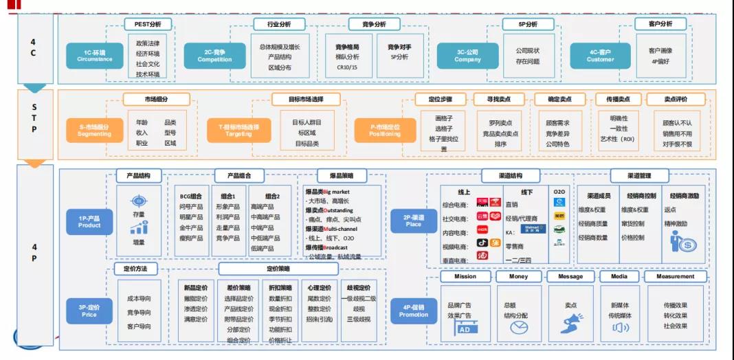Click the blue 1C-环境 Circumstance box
(x=95, y=56)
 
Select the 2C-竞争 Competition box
(x=214, y=56)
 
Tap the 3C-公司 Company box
(x=467, y=56)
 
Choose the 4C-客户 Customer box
(x=600, y=56)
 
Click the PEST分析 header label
(x=147, y=24)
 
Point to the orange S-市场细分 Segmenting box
(x=94, y=131)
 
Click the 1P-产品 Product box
(x=89, y=221)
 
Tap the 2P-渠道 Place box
(x=414, y=221)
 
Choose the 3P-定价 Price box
(x=89, y=311)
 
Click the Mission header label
(x=465, y=276)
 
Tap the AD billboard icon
(x=467, y=328)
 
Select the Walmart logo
(x=531, y=228)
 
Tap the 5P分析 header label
(x=528, y=24)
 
